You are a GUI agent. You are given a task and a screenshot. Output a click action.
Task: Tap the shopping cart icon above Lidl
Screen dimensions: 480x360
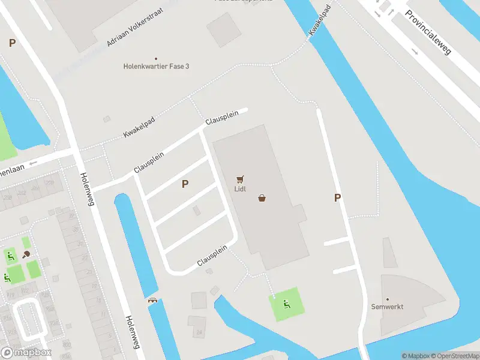[240, 179]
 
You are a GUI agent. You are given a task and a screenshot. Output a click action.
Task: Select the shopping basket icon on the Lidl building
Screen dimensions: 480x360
[262, 198]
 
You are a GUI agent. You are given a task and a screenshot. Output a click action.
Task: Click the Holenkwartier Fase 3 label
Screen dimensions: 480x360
[156, 66]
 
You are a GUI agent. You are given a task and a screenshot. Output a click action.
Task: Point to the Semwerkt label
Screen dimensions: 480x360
[388, 307]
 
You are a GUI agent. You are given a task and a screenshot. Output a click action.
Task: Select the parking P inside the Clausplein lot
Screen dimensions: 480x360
[185, 184]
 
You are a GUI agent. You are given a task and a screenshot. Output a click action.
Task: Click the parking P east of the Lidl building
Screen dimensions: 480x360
[337, 197]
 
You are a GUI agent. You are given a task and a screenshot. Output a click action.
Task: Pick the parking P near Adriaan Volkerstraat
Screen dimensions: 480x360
[12, 43]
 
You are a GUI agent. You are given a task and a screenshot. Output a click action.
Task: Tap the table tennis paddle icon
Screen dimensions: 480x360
[27, 255]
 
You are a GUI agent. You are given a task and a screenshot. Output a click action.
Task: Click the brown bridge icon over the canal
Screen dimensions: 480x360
[152, 301]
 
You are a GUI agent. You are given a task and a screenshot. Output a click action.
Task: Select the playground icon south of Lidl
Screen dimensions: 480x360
[286, 305]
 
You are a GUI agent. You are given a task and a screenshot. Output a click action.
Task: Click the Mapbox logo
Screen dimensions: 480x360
[26, 353]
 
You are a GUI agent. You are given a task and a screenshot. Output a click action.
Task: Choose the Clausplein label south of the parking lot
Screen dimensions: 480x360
[212, 256]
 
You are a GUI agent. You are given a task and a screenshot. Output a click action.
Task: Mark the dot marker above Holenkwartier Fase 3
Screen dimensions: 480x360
[156, 58]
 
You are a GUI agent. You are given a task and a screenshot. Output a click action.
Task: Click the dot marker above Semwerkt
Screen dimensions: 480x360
[388, 299]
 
